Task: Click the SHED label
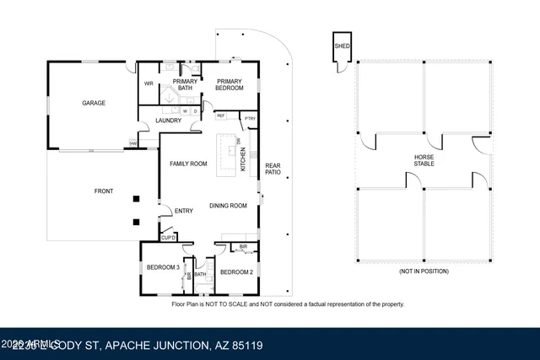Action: [342, 46]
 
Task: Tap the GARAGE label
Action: [93, 103]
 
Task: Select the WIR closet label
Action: [148, 83]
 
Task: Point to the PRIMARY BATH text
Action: [186, 84]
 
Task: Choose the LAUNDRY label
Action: [169, 121]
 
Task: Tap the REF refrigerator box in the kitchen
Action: [221, 116]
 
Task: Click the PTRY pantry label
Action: [250, 119]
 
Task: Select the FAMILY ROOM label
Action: [188, 164]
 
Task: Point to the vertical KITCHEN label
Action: [244, 159]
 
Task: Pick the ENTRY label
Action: [184, 211]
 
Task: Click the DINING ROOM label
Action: [228, 206]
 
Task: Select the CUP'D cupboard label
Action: [169, 239]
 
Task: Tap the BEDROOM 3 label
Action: [162, 267]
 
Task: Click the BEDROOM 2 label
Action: [235, 271]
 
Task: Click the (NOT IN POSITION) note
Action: [424, 272]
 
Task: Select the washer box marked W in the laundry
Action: [185, 110]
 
